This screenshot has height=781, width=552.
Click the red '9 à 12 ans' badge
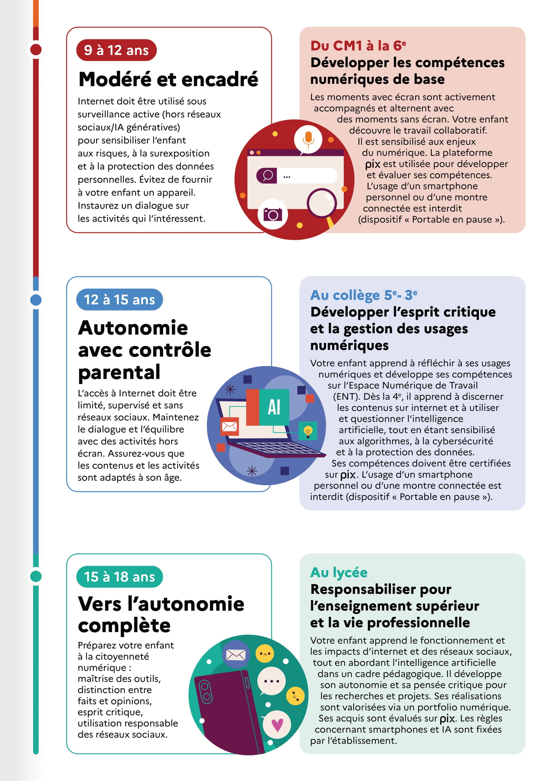[116, 50]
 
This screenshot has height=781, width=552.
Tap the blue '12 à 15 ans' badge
[119, 300]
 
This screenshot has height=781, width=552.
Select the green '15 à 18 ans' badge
[119, 577]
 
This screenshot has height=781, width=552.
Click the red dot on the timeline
[36, 50]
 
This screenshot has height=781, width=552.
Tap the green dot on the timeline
[36, 577]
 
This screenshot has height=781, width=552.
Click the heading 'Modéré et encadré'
[168, 79]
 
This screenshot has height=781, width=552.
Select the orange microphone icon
[308, 139]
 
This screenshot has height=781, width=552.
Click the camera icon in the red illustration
[273, 214]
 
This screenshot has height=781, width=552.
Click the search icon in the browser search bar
[267, 176]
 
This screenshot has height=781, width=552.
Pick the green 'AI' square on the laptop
[274, 407]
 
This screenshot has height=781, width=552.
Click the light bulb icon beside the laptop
[308, 431]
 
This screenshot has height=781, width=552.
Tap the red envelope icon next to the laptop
[229, 426]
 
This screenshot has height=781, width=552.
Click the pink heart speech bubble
[277, 725]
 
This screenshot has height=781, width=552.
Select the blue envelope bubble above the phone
[236, 654]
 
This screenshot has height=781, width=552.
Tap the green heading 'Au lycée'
[338, 573]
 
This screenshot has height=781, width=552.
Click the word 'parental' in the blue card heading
[119, 372]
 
